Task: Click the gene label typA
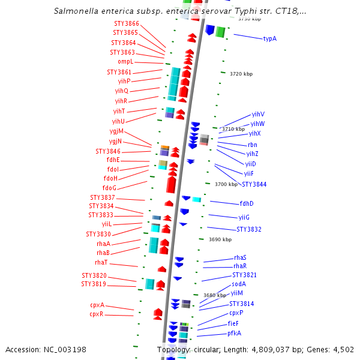click(x=270, y=38)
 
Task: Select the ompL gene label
click(x=125, y=62)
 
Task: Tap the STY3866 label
click(x=126, y=23)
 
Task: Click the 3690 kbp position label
click(x=220, y=239)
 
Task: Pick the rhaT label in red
click(x=101, y=262)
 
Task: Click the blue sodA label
click(x=239, y=284)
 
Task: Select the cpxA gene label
click(x=97, y=305)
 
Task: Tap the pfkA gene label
click(x=234, y=333)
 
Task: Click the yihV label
click(x=258, y=114)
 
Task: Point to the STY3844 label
click(x=254, y=184)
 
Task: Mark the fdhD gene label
click(x=247, y=203)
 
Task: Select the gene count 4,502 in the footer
click(x=342, y=350)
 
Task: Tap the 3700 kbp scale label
click(x=226, y=184)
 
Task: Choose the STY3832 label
click(x=249, y=229)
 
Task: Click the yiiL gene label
click(x=107, y=224)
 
